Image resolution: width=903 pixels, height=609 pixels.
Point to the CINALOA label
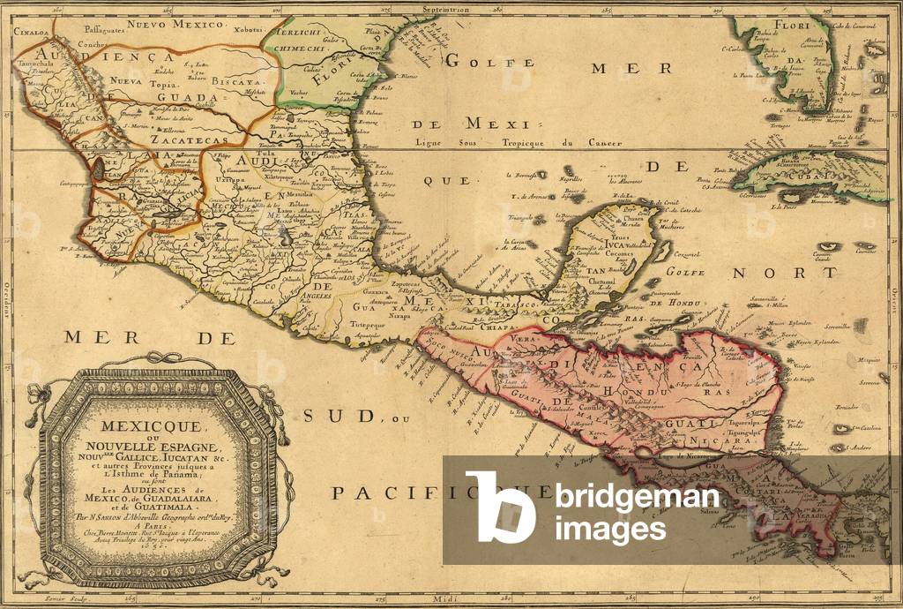(30, 27)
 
